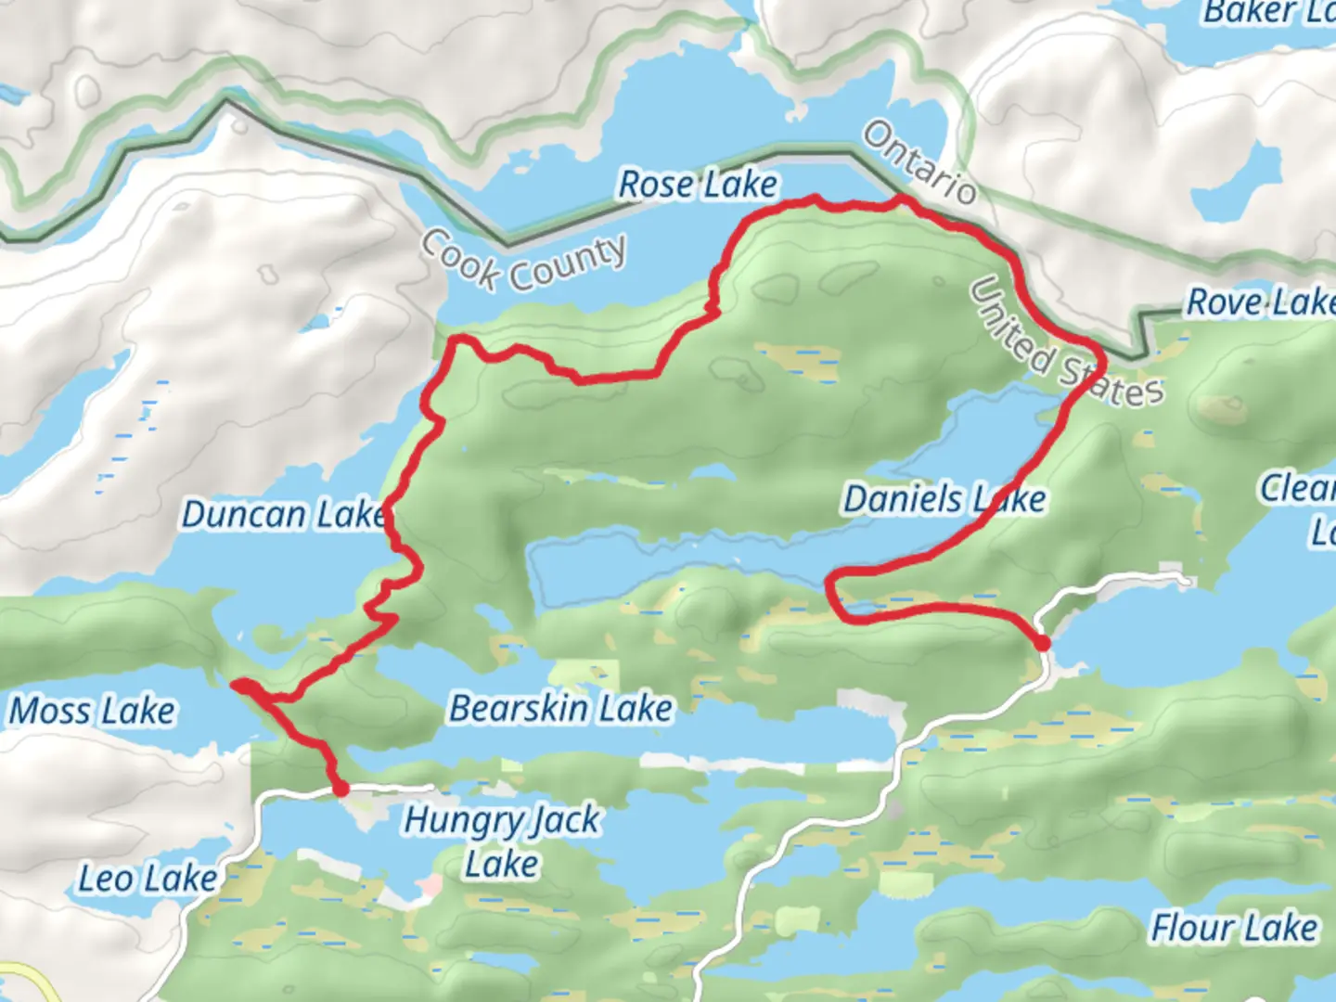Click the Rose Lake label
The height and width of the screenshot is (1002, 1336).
[698, 185]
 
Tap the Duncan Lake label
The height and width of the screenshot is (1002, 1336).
[283, 514]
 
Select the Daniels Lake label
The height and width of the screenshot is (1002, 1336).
[944, 500]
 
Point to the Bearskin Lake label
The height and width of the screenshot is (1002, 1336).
[560, 709]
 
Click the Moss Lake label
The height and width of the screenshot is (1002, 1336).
[92, 712]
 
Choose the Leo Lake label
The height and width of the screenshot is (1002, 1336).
[148, 879]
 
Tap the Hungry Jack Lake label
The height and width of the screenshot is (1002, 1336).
[502, 841]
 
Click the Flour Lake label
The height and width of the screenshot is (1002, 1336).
[1233, 927]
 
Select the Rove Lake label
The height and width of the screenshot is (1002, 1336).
[1260, 302]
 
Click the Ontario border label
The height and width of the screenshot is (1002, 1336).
[918, 163]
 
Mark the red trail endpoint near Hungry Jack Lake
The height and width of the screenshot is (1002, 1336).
[340, 789]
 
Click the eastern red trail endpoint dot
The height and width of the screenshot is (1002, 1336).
[1042, 642]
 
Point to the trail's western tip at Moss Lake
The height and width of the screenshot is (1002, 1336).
[238, 686]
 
